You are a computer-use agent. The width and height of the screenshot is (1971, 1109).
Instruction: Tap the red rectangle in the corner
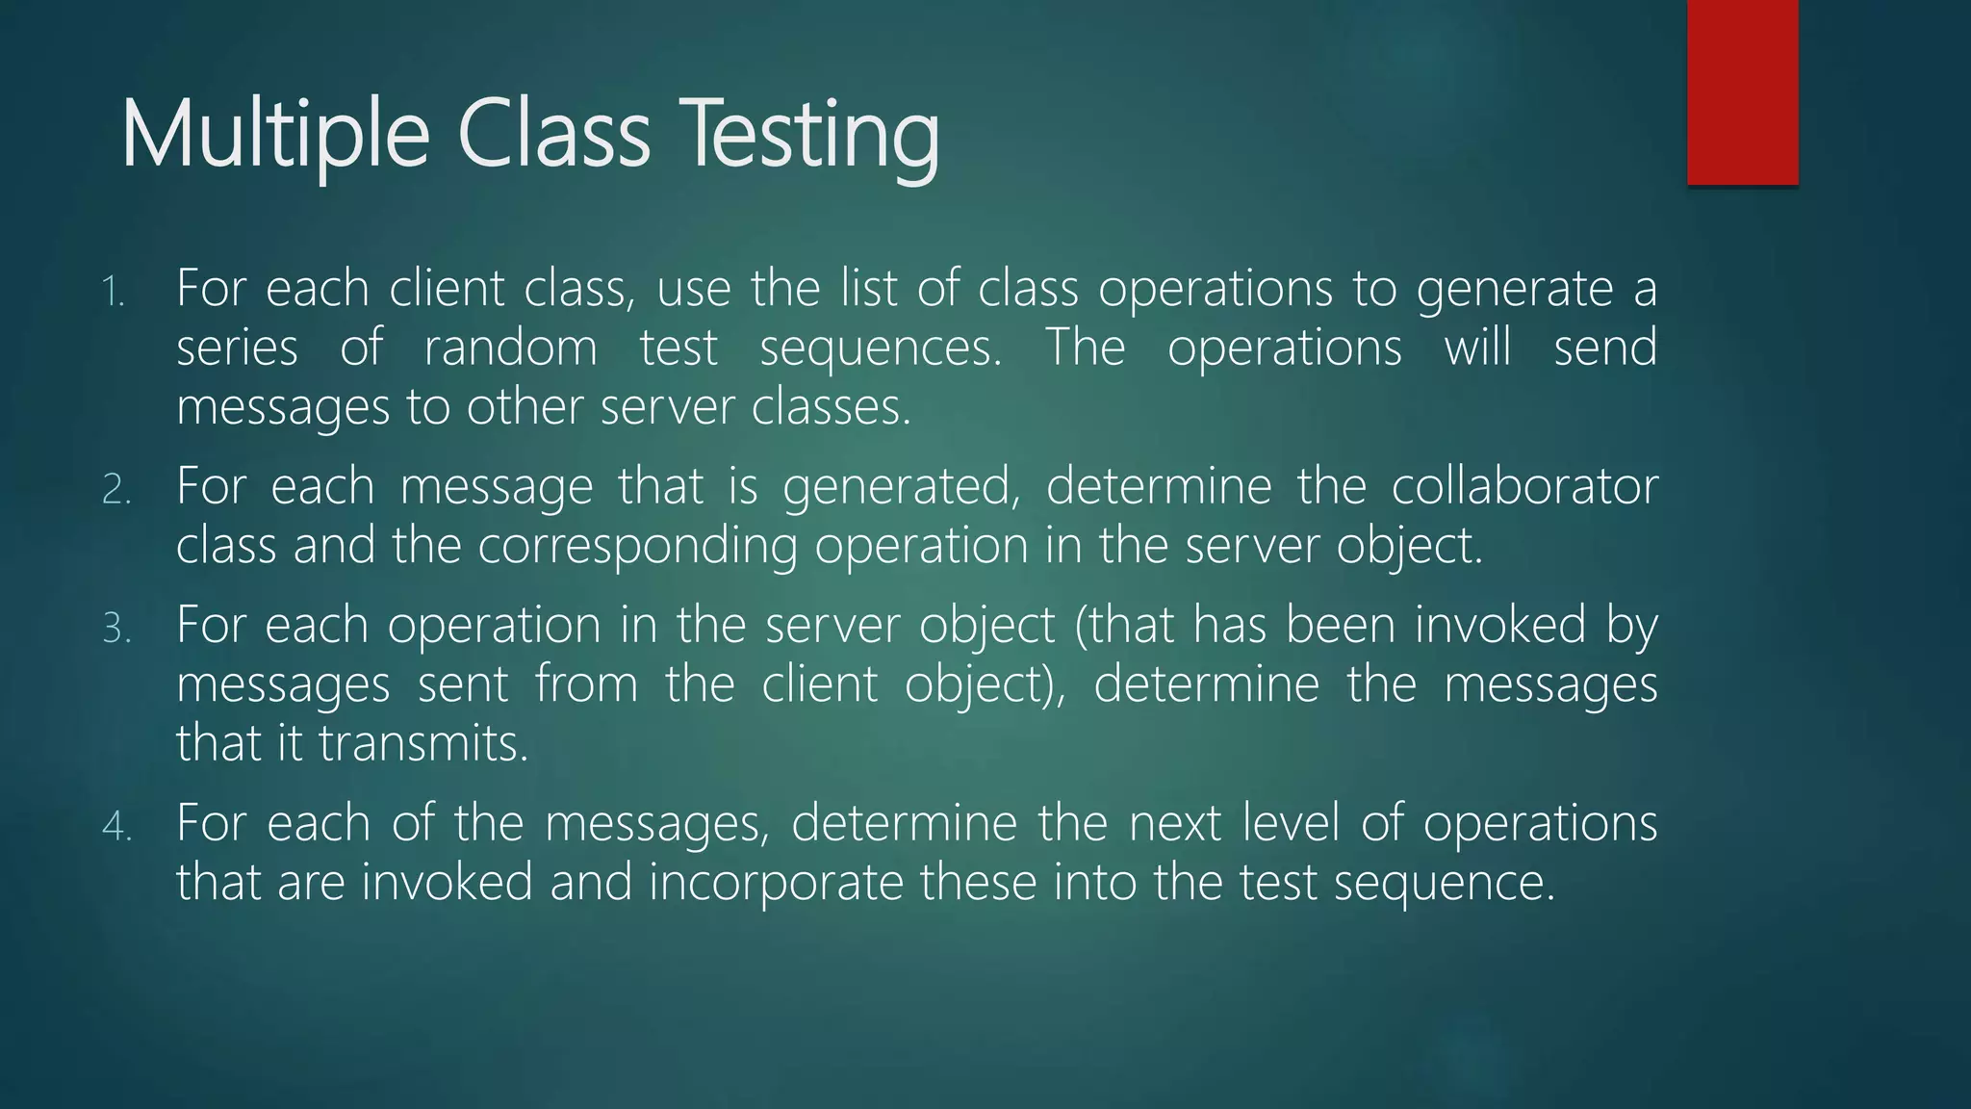(1742, 91)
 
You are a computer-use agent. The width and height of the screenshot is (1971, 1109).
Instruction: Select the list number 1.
(114, 292)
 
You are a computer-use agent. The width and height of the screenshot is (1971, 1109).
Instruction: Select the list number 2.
(115, 490)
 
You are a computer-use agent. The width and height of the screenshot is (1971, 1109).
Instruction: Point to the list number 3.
(115, 629)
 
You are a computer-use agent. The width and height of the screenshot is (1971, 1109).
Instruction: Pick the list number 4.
(115, 827)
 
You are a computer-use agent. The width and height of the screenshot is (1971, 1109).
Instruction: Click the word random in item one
(510, 348)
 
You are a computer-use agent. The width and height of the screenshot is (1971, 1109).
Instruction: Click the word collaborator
(1524, 486)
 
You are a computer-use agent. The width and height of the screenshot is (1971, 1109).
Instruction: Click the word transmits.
(423, 744)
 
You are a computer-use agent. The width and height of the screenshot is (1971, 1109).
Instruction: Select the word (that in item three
(1123, 626)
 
